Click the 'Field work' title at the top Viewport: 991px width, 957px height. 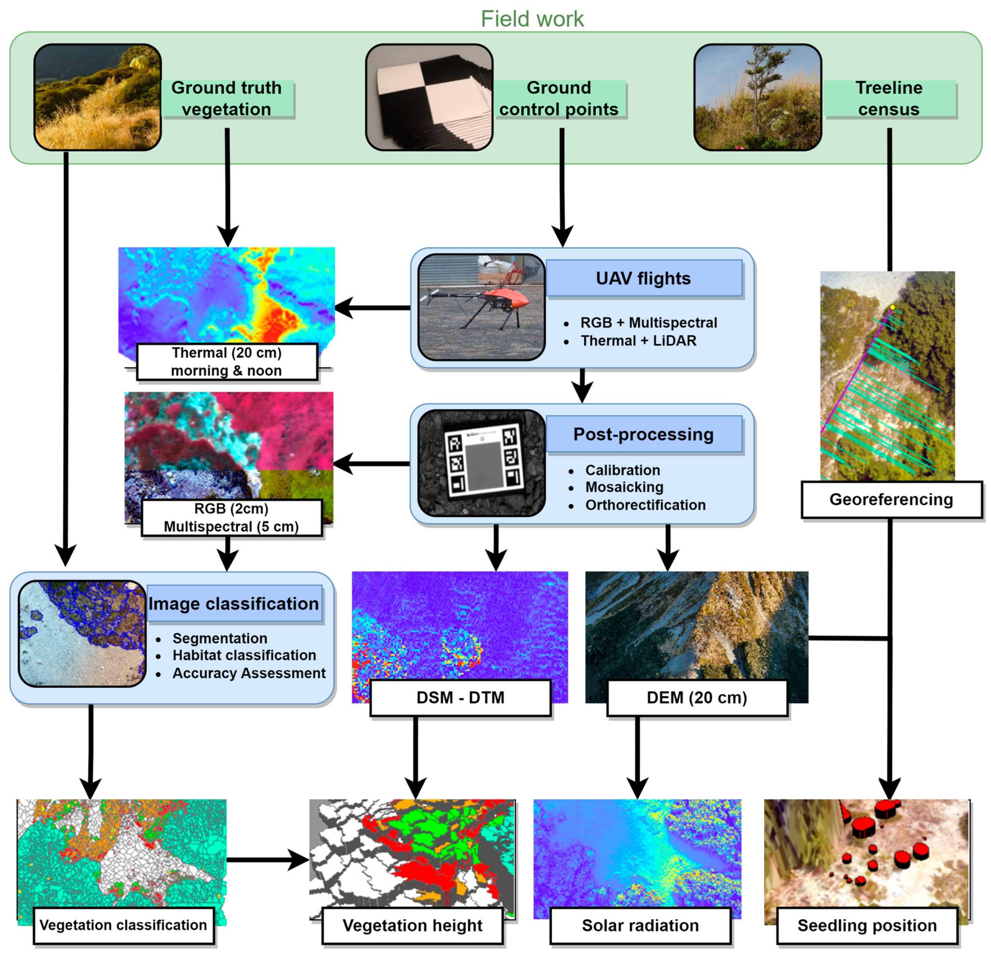pos(532,19)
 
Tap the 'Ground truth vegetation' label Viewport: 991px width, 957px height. pos(227,98)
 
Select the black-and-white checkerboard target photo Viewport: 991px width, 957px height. pos(429,97)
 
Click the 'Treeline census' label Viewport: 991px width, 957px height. pos(888,98)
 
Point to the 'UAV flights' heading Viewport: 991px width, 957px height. pos(643,278)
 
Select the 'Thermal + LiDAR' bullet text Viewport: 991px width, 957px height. pos(638,341)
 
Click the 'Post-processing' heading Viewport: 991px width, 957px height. pos(643,434)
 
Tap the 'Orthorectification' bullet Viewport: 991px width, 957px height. pos(645,505)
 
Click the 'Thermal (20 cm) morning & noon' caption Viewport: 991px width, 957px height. pos(227,362)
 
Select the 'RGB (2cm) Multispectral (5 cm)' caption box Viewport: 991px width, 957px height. pos(232,517)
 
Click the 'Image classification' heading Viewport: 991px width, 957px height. pos(234,603)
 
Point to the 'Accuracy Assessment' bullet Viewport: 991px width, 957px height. pos(249,673)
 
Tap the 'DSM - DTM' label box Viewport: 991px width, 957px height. pos(460,697)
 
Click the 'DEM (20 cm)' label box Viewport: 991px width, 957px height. pos(697,697)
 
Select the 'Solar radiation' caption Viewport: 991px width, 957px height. pos(640,925)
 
